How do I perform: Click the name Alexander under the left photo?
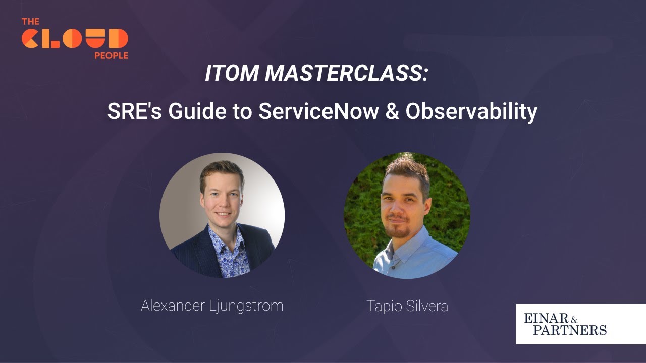coord(173,306)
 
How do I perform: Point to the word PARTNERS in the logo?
coord(570,330)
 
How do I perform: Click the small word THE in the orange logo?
coord(30,22)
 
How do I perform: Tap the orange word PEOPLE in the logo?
coord(111,56)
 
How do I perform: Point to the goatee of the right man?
coord(399,231)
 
